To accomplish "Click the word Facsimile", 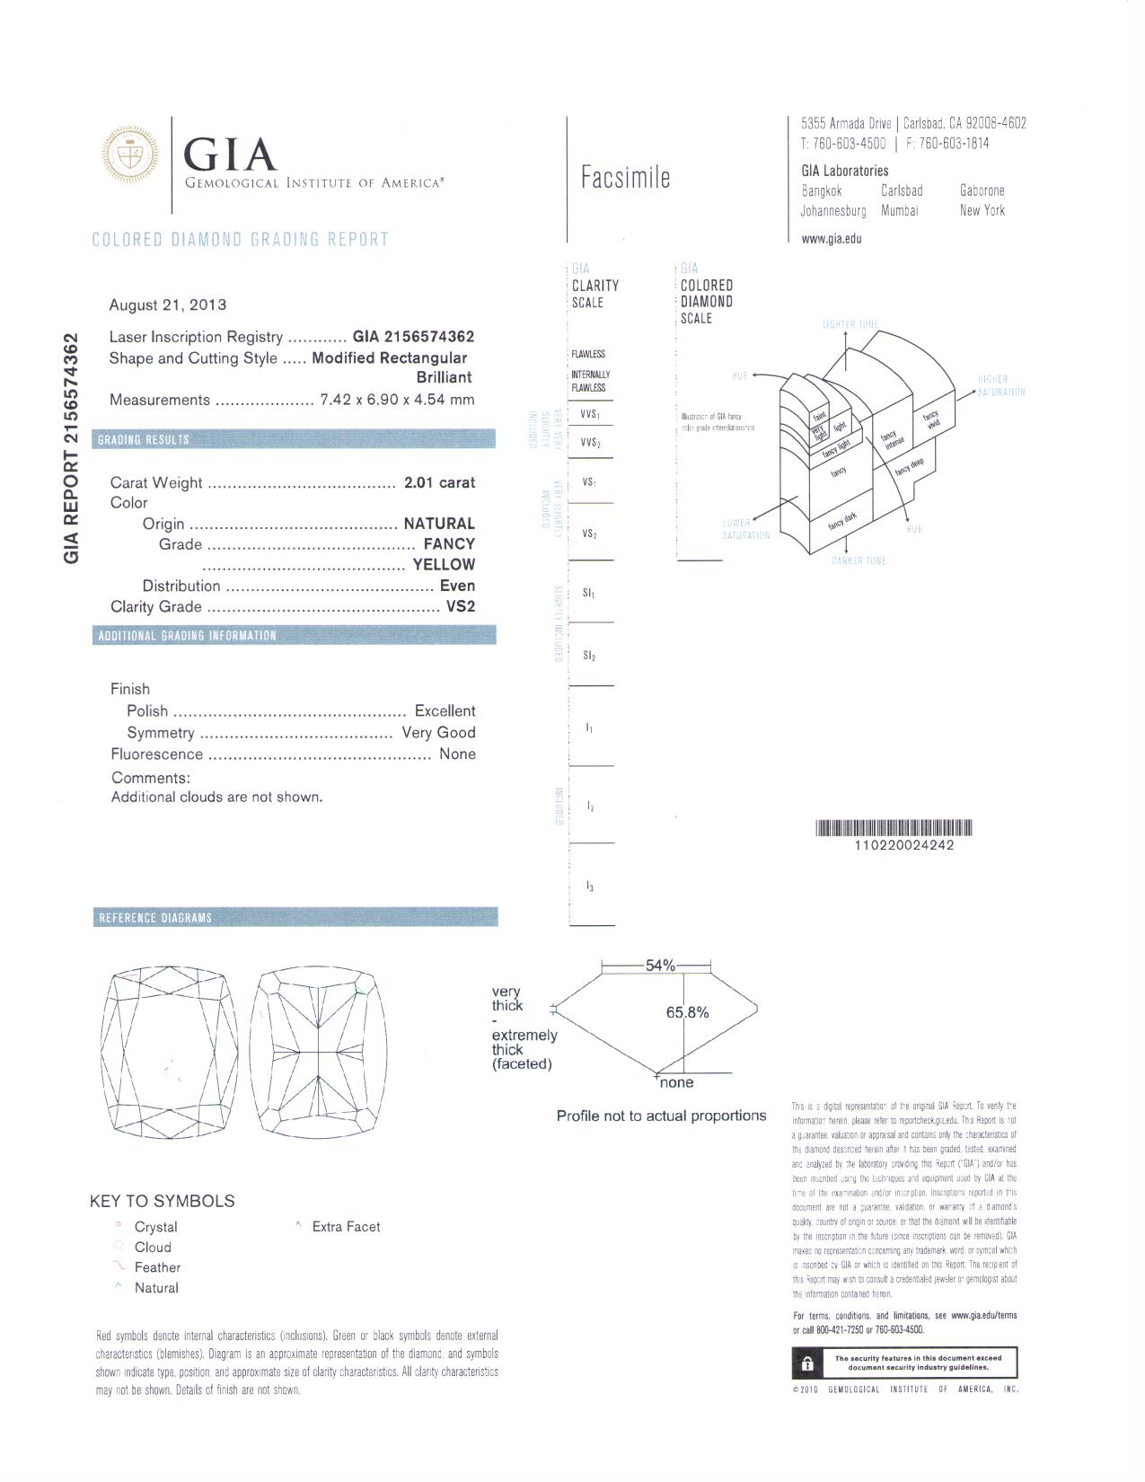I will [x=625, y=177].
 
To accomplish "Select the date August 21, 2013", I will [x=168, y=304].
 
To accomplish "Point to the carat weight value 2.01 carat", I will [x=439, y=482].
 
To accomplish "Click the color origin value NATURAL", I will [x=439, y=524].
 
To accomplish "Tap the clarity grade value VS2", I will [x=461, y=606].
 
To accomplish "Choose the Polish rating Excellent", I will [x=445, y=710].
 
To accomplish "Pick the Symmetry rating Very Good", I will [x=438, y=732].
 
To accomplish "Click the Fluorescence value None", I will [x=457, y=754].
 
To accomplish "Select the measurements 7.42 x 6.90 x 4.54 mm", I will [x=397, y=400].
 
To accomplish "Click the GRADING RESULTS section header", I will [x=144, y=439].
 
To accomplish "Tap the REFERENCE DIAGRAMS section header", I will [x=155, y=917].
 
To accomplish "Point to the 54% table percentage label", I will [x=660, y=966].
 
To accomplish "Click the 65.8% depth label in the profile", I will [x=687, y=1012].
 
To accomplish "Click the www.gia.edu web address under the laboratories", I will [x=832, y=239].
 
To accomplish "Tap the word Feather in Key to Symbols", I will [x=157, y=1267].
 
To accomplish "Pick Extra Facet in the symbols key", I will [x=346, y=1227].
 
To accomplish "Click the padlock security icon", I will [x=807, y=1364].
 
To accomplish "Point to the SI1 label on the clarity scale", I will [x=589, y=594].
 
